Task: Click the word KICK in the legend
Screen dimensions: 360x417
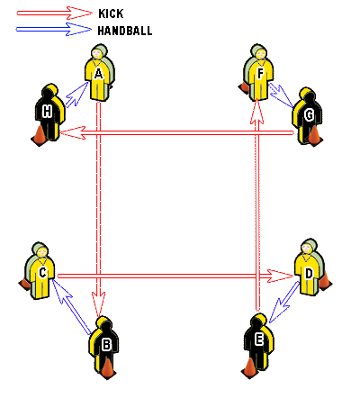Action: point(111,14)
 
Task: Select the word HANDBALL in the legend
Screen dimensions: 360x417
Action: point(125,31)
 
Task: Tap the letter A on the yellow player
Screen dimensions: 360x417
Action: point(98,74)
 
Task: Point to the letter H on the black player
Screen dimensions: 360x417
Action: point(47,112)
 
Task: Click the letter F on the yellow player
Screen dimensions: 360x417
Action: point(260,74)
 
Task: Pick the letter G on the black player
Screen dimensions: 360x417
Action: point(309,115)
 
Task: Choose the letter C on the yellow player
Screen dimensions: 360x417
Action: point(42,273)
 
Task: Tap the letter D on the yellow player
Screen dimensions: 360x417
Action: point(309,274)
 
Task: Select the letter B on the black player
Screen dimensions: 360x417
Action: point(106,345)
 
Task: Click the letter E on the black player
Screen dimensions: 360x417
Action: point(258,340)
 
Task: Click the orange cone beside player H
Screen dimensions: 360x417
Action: point(40,136)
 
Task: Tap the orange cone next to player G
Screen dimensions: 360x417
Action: point(314,136)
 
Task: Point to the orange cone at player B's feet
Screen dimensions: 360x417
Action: point(107,369)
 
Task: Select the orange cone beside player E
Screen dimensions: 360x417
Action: point(249,368)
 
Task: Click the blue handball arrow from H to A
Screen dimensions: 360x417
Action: point(76,95)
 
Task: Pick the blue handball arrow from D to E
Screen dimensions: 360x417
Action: point(283,302)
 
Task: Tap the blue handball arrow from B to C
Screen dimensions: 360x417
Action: point(71,306)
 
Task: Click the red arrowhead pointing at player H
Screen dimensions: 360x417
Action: point(73,132)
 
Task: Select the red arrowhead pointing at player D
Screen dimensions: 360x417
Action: point(280,276)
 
